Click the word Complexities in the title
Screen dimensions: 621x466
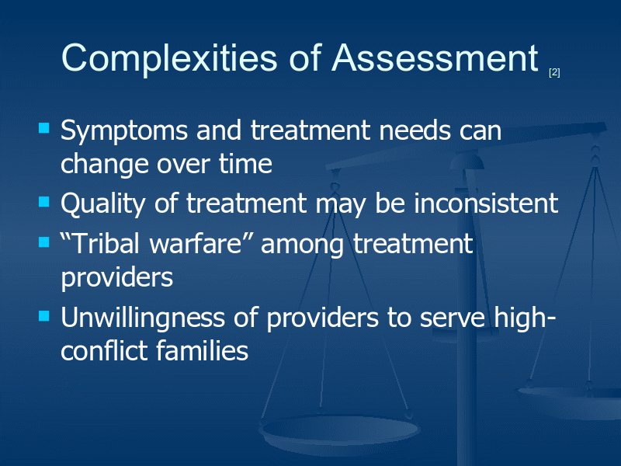point(169,59)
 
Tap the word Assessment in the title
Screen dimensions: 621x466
point(435,57)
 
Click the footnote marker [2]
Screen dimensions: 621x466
point(554,72)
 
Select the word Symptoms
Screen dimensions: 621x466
point(124,131)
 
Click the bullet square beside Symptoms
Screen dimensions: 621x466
point(44,128)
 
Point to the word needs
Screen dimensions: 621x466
point(415,130)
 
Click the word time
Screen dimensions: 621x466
point(245,164)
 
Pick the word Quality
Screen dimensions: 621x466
point(103,204)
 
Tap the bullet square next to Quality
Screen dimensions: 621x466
point(44,202)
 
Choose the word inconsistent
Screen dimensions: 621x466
point(486,203)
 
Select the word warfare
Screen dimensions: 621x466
point(196,243)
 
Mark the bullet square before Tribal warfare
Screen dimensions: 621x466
point(44,242)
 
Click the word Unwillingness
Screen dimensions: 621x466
point(143,318)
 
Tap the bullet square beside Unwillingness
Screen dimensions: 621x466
point(44,316)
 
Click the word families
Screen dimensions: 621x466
point(202,351)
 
